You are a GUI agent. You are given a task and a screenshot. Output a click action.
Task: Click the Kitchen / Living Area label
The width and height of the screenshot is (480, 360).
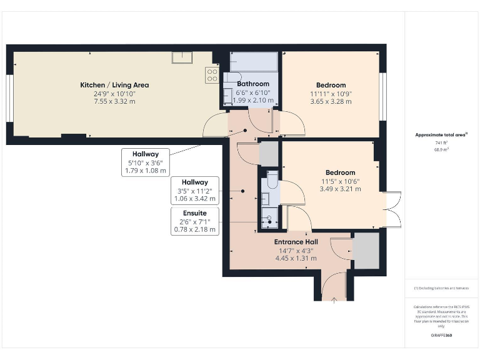click(114, 85)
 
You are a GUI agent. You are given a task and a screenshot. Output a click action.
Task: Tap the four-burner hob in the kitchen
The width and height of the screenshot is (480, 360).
click(212, 76)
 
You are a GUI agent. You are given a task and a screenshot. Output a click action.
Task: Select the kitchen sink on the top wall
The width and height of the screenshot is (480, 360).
click(182, 57)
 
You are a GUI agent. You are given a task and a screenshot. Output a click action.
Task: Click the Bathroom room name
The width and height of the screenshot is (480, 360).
click(253, 84)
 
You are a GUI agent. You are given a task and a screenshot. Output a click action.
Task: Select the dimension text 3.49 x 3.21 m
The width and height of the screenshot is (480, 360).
click(340, 189)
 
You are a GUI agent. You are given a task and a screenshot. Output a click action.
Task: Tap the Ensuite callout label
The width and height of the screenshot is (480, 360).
click(195, 213)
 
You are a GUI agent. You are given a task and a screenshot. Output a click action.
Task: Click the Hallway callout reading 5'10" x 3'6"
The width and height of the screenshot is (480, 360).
click(146, 162)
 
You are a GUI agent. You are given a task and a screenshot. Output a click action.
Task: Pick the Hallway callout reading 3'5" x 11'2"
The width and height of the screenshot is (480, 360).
click(195, 191)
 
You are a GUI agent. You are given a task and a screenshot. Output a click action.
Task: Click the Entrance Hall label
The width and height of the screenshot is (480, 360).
click(296, 242)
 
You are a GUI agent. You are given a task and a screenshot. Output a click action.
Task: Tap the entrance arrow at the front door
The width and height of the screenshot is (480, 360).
click(334, 300)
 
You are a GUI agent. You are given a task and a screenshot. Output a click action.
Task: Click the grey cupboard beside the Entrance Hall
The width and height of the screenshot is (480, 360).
click(366, 251)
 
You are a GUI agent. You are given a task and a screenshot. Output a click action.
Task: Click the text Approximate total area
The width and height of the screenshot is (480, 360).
click(441, 134)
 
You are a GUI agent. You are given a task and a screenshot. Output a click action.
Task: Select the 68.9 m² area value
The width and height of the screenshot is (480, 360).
click(442, 150)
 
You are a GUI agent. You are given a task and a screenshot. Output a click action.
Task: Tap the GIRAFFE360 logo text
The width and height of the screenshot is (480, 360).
click(441, 336)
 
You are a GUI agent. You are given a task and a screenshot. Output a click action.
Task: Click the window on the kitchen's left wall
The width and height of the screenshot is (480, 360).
click(9, 96)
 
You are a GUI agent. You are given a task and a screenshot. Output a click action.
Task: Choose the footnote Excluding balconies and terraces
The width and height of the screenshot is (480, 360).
click(441, 288)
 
